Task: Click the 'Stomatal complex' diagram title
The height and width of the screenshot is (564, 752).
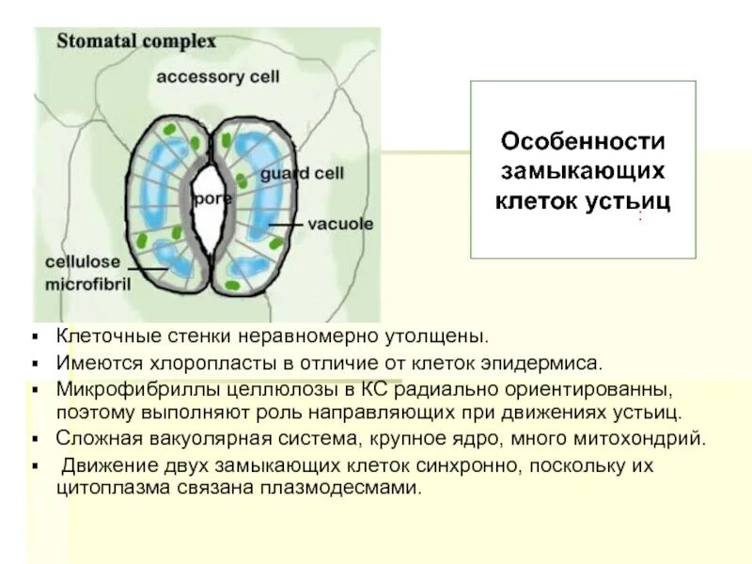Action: tap(137, 42)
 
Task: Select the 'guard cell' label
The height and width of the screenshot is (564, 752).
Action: tap(303, 174)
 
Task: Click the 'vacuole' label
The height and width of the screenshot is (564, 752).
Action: tap(340, 224)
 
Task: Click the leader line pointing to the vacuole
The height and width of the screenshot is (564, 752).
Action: tap(288, 225)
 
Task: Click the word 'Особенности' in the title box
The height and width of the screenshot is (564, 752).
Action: tap(583, 142)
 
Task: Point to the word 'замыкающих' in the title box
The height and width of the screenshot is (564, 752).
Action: tap(583, 171)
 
